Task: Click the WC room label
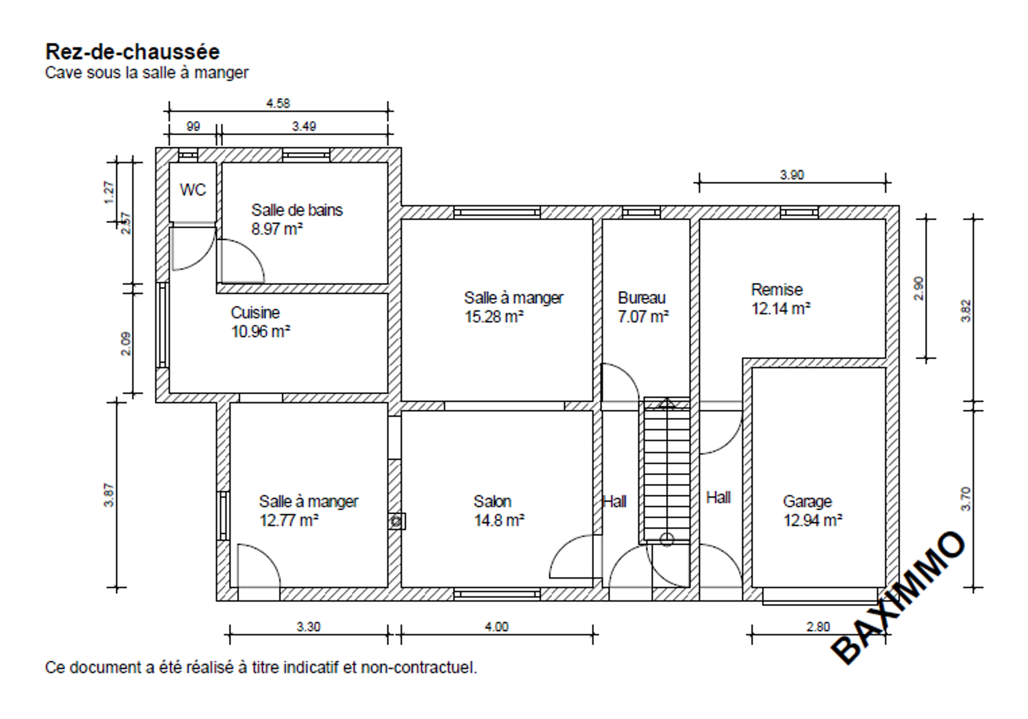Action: [192, 190]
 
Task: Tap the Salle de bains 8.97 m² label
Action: [297, 219]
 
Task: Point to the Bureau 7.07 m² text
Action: [643, 307]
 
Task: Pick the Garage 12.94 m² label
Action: [812, 511]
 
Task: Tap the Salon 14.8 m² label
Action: [499, 511]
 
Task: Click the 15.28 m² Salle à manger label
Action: [514, 307]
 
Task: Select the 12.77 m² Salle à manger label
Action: [308, 511]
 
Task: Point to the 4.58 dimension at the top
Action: [278, 103]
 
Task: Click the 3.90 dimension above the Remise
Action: [792, 175]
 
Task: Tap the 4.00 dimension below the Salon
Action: [497, 627]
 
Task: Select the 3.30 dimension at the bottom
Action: [308, 627]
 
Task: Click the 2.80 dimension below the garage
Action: [818, 627]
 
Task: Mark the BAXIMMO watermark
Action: [898, 598]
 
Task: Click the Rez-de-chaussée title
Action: [132, 52]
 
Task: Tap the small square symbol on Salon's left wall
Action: [397, 521]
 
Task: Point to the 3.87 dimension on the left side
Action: [109, 495]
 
